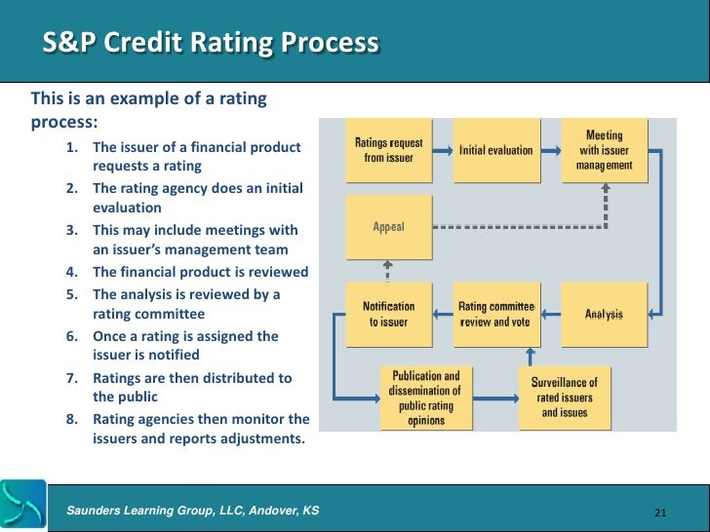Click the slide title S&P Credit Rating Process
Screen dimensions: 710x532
pos(210,44)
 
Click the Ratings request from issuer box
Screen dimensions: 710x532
pos(388,150)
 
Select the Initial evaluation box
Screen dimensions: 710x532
pos(496,150)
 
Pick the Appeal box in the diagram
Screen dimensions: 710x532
pos(388,227)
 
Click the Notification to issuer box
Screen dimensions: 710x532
pos(388,313)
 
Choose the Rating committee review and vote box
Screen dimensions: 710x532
pos(496,313)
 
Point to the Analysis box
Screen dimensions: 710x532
pos(604,313)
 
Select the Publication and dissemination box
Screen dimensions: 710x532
pos(425,398)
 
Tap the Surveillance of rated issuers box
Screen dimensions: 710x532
pos(565,398)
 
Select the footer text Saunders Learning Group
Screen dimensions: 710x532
pos(191,511)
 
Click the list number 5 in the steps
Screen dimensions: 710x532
pos(72,293)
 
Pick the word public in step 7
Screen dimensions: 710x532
pos(119,398)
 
